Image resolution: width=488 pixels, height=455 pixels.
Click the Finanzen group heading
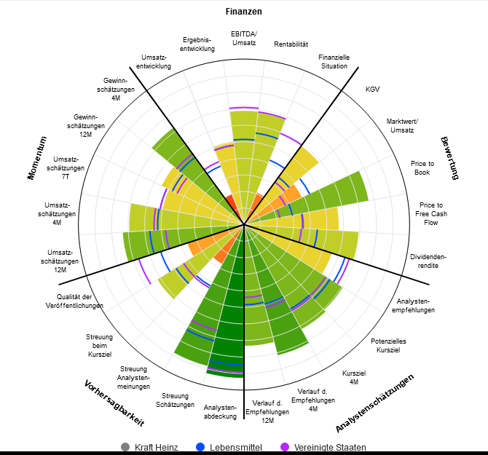pyautogui.click(x=243, y=12)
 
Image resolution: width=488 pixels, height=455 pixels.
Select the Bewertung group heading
pyautogui.click(x=451, y=157)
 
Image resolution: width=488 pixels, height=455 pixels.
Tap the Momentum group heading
pyautogui.click(x=37, y=157)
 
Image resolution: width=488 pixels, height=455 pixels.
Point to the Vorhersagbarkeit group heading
pyautogui.click(x=114, y=403)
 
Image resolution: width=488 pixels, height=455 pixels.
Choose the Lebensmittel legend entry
pyautogui.click(x=230, y=447)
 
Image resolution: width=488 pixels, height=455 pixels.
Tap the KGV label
pyautogui.click(x=372, y=90)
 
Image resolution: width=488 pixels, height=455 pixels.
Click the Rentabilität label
pyautogui.click(x=291, y=45)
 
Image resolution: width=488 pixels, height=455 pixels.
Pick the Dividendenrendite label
pyautogui.click(x=428, y=261)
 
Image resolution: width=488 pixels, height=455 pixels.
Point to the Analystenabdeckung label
pyautogui.click(x=220, y=412)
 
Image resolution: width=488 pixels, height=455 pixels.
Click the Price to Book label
pyautogui.click(x=422, y=168)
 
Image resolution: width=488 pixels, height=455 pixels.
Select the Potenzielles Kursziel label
pyautogui.click(x=388, y=345)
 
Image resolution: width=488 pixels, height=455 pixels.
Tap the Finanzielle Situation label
pyautogui.click(x=334, y=61)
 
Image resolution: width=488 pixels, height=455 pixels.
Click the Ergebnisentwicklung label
pyautogui.click(x=197, y=44)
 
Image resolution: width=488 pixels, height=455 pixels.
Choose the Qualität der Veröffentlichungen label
pyautogui.click(x=84, y=301)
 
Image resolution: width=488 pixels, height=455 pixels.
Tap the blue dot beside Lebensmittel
pyautogui.click(x=201, y=447)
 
